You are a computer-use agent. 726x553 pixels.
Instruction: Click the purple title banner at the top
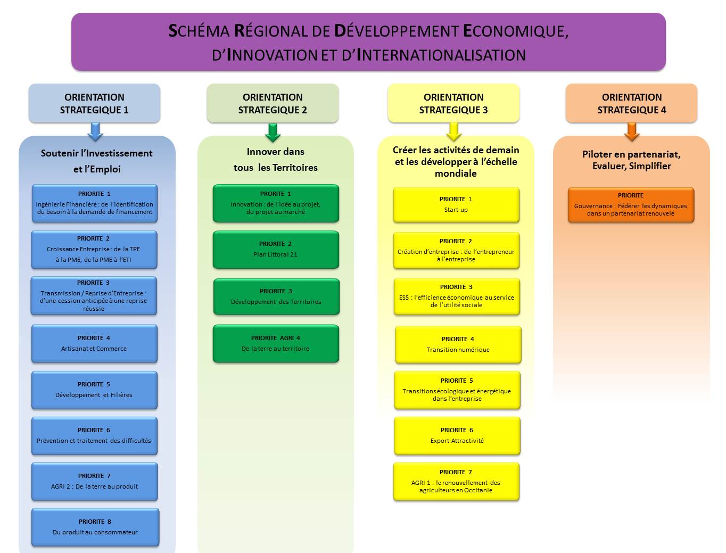point(368,42)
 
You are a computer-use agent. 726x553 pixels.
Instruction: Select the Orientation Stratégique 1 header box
point(94,103)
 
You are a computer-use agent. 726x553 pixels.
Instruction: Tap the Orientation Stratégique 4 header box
point(631,103)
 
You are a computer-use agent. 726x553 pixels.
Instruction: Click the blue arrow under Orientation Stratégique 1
point(95,131)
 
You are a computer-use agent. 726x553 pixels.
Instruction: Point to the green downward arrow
point(273,133)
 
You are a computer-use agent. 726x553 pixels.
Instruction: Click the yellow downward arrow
point(453,131)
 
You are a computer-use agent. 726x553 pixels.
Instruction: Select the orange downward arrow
point(631,131)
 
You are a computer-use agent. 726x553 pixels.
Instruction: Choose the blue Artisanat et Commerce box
point(94,344)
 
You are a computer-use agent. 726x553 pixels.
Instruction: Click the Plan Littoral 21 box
point(276,250)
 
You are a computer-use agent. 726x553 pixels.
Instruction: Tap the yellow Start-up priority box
point(456,204)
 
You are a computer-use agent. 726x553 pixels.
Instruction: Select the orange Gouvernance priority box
point(631,204)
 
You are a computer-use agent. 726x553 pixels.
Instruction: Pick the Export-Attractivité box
point(457,436)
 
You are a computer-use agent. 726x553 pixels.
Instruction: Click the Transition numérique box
point(458,345)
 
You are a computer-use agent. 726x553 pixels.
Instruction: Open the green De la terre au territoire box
point(276,344)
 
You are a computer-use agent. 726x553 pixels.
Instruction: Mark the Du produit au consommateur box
point(95,527)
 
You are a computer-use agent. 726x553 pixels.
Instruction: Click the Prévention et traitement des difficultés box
point(94,436)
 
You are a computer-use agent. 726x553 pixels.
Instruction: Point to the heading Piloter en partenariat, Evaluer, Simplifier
point(631,160)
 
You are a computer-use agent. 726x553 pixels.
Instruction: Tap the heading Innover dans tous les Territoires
point(275,160)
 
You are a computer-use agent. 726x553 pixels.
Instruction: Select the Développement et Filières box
point(94,390)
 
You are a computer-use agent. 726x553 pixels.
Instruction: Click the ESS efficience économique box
point(457,296)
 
